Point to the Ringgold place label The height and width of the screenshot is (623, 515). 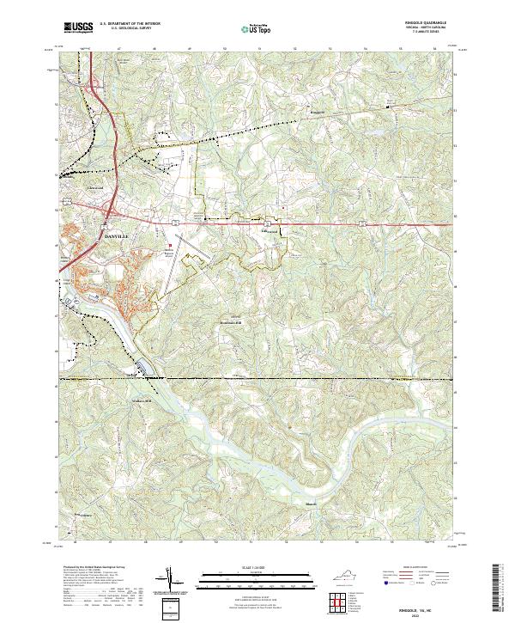pyautogui.click(x=318, y=112)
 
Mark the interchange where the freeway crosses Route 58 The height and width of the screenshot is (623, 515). pyautogui.click(x=111, y=211)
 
